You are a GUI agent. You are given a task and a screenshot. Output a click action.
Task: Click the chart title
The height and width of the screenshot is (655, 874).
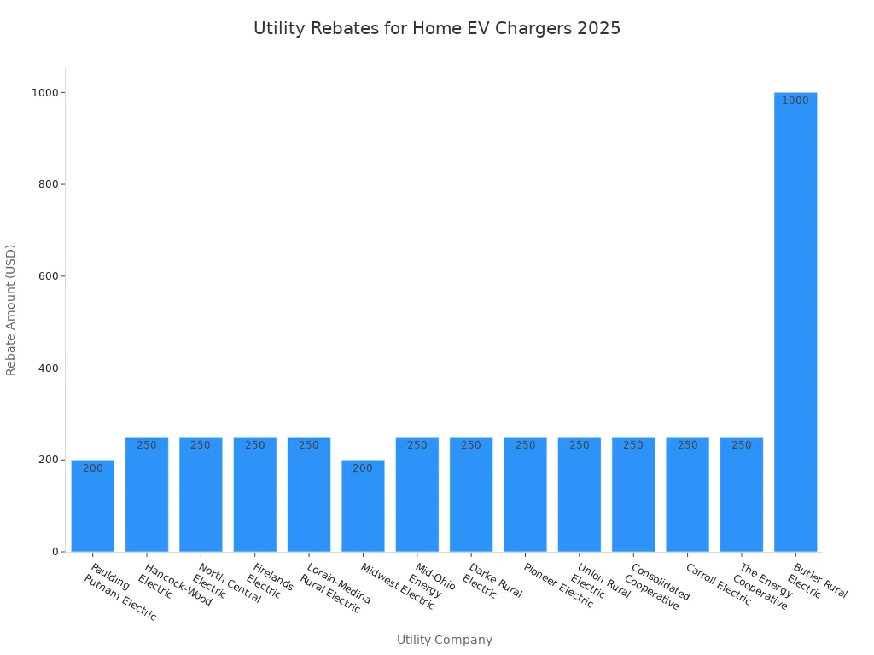coord(437,28)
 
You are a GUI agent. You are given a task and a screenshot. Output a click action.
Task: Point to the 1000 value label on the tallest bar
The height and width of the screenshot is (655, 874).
coord(795,101)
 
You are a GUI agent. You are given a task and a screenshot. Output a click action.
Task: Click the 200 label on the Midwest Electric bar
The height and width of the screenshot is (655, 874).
coord(363,468)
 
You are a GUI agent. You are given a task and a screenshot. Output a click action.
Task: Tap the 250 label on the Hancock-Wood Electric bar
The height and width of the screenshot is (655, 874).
coord(147,445)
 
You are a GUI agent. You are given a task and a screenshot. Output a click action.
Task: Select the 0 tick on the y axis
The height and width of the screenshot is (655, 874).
coord(55,552)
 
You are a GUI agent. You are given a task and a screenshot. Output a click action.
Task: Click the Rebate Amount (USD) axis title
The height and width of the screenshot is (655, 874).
coord(11,310)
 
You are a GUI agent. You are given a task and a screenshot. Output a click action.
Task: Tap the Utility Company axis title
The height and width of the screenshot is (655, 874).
coord(445,640)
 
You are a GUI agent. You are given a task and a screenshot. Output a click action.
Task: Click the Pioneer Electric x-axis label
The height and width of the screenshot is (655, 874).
coord(558,585)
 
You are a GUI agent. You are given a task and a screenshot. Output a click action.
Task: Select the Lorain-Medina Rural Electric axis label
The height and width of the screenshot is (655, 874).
coord(335,588)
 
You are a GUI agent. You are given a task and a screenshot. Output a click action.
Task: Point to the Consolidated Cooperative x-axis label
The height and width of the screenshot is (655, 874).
coord(655,587)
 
